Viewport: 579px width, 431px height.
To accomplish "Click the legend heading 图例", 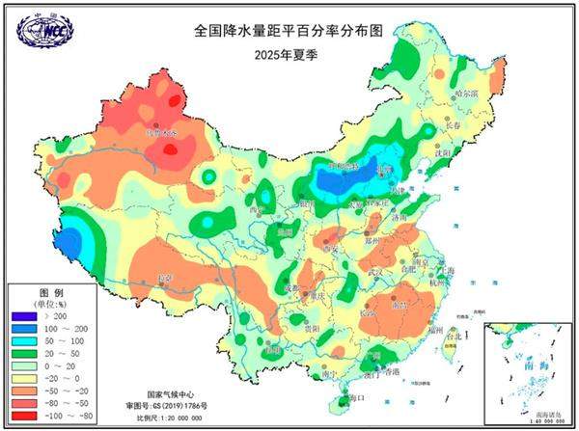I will click(49, 292).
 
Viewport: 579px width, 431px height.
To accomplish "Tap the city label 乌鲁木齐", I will click(161, 132).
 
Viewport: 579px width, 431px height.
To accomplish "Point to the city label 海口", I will click(355, 396).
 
